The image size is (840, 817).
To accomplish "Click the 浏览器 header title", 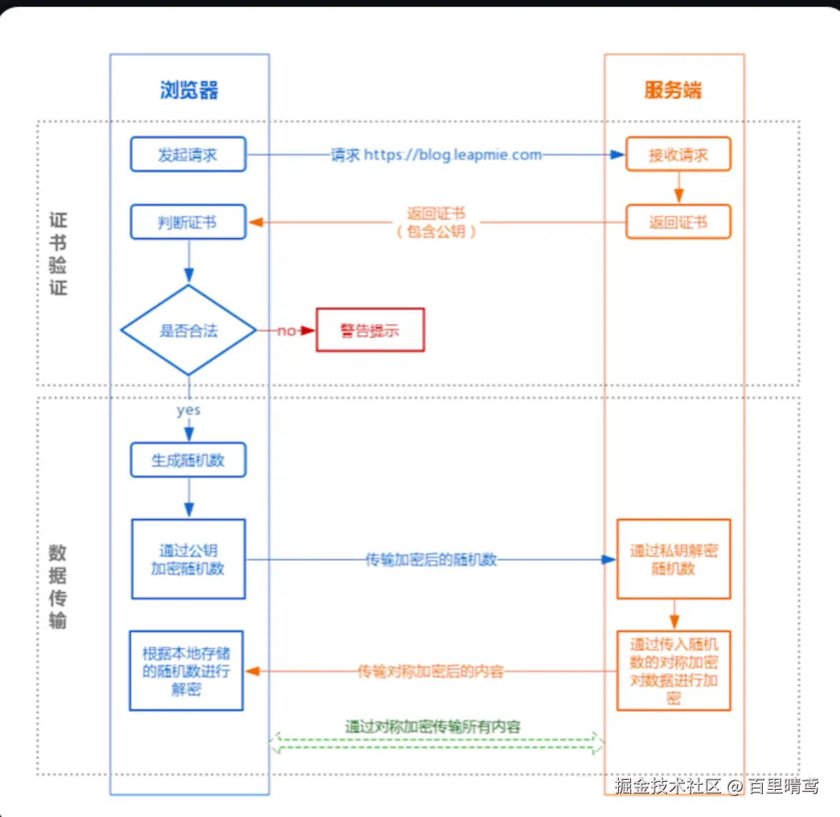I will click(x=189, y=90).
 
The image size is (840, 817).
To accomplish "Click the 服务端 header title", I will click(x=673, y=90).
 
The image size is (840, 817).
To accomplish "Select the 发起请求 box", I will click(x=188, y=155).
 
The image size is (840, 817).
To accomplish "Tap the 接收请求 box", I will click(x=678, y=155).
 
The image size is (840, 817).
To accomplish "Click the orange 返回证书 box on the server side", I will click(x=678, y=222).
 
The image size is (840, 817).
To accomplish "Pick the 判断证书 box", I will click(x=188, y=222).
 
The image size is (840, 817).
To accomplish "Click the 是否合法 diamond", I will click(x=189, y=331).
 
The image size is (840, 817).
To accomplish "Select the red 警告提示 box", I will click(x=370, y=330).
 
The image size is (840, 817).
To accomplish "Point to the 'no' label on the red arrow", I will click(x=286, y=331).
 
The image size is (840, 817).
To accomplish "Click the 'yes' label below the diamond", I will click(x=189, y=410).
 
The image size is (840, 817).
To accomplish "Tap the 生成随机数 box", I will click(x=188, y=460).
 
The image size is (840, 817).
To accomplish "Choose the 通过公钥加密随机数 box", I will click(x=188, y=559).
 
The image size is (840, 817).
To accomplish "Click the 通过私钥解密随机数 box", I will click(x=673, y=559).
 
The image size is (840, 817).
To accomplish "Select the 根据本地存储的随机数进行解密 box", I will click(x=186, y=671).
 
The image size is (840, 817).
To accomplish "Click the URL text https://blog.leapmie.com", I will click(x=452, y=155).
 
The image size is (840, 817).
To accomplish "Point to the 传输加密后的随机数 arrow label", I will click(x=431, y=559).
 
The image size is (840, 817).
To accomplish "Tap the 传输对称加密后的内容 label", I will click(x=431, y=671).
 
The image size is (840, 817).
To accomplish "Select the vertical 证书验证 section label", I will click(x=58, y=253).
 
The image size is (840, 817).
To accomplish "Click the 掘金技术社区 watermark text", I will click(x=667, y=786).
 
